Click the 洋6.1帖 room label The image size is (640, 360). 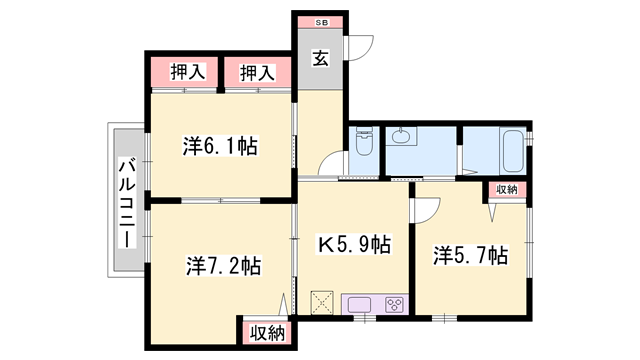(x=220, y=146)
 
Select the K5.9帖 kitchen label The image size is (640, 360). (x=354, y=245)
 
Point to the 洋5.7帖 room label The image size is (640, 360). (x=470, y=254)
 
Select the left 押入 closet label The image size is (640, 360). (x=187, y=73)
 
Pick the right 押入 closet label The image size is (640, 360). (x=257, y=73)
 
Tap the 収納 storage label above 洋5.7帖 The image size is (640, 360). (x=505, y=189)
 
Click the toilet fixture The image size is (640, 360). (x=362, y=146)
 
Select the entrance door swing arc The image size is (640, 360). (x=361, y=44)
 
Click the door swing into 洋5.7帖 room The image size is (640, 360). (x=424, y=208)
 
